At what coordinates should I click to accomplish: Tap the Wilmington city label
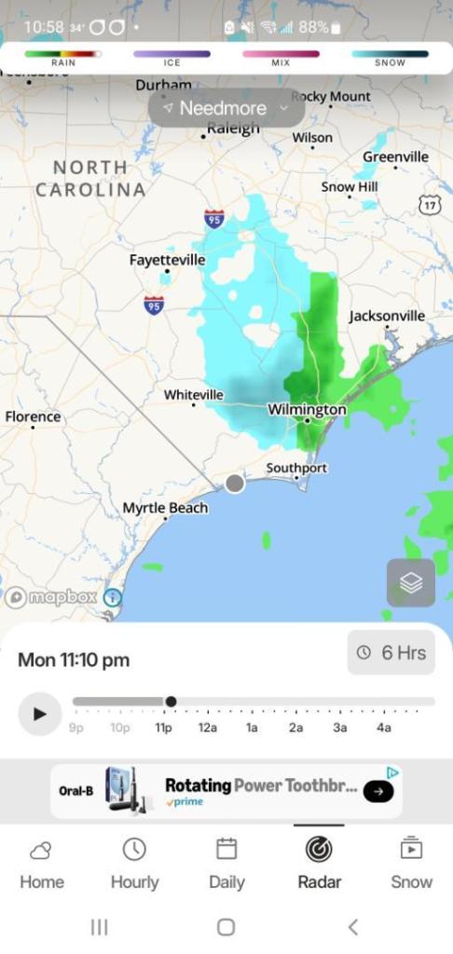(x=307, y=410)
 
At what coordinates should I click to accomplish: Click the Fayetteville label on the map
(x=167, y=260)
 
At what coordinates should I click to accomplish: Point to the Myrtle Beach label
(x=165, y=509)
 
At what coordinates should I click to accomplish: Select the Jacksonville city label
(x=387, y=316)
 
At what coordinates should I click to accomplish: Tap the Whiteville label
(x=193, y=395)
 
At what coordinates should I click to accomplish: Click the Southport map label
(x=296, y=468)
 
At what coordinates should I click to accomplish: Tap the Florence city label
(x=33, y=417)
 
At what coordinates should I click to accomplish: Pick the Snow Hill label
(x=350, y=187)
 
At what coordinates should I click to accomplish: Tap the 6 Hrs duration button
(x=391, y=653)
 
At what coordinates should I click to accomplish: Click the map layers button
(x=411, y=583)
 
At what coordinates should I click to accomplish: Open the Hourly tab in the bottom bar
(x=134, y=864)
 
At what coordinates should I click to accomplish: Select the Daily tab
(x=226, y=864)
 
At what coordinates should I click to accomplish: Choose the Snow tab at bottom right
(x=411, y=864)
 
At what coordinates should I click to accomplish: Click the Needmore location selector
(x=226, y=108)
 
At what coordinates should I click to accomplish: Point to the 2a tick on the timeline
(x=295, y=728)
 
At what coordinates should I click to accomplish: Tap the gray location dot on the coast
(x=235, y=483)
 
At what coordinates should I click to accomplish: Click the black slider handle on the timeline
(x=171, y=702)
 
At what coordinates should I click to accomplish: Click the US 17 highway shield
(x=429, y=205)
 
